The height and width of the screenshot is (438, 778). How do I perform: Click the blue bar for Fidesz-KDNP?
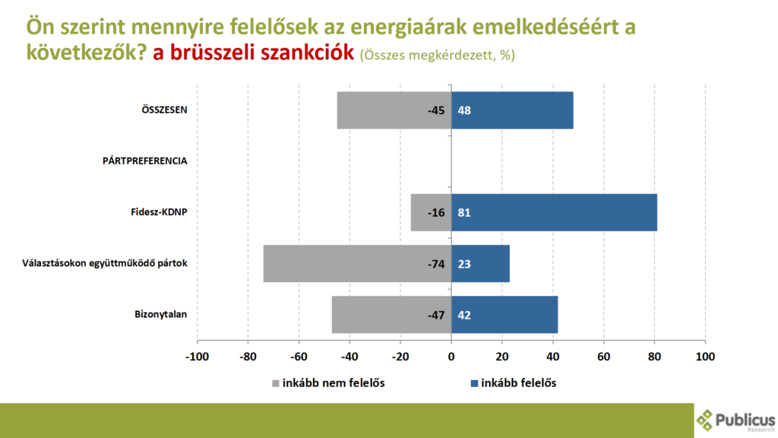pyautogui.click(x=554, y=212)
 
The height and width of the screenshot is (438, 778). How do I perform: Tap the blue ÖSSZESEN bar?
pyautogui.click(x=512, y=110)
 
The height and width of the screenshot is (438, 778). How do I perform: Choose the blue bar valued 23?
pyautogui.click(x=480, y=264)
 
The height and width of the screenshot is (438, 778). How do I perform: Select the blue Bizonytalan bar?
pyautogui.click(x=504, y=315)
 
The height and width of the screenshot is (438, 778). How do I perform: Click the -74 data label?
pyautogui.click(x=435, y=264)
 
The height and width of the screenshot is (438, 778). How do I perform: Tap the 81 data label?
pyautogui.click(x=463, y=212)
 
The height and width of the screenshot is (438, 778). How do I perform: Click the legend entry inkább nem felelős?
pyautogui.click(x=334, y=382)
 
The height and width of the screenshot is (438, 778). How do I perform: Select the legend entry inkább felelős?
pyautogui.click(x=519, y=382)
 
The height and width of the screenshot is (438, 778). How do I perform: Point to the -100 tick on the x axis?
pyautogui.click(x=198, y=356)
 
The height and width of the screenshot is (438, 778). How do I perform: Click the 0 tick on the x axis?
pyautogui.click(x=451, y=356)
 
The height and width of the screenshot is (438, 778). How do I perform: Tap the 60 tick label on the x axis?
pyautogui.click(x=604, y=356)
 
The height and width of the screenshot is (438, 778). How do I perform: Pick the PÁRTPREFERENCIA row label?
pyautogui.click(x=145, y=161)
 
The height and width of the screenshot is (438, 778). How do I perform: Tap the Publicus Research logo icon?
pyautogui.click(x=706, y=420)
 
